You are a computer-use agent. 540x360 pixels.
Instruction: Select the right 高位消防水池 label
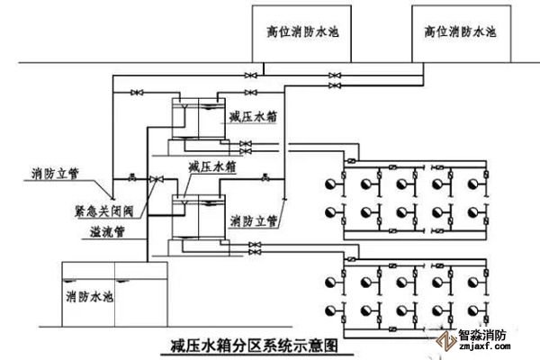pyautogui.click(x=460, y=31)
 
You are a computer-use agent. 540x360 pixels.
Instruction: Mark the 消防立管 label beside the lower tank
pyautogui.click(x=253, y=220)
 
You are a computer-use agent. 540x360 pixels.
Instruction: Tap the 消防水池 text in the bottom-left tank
pyautogui.click(x=88, y=294)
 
